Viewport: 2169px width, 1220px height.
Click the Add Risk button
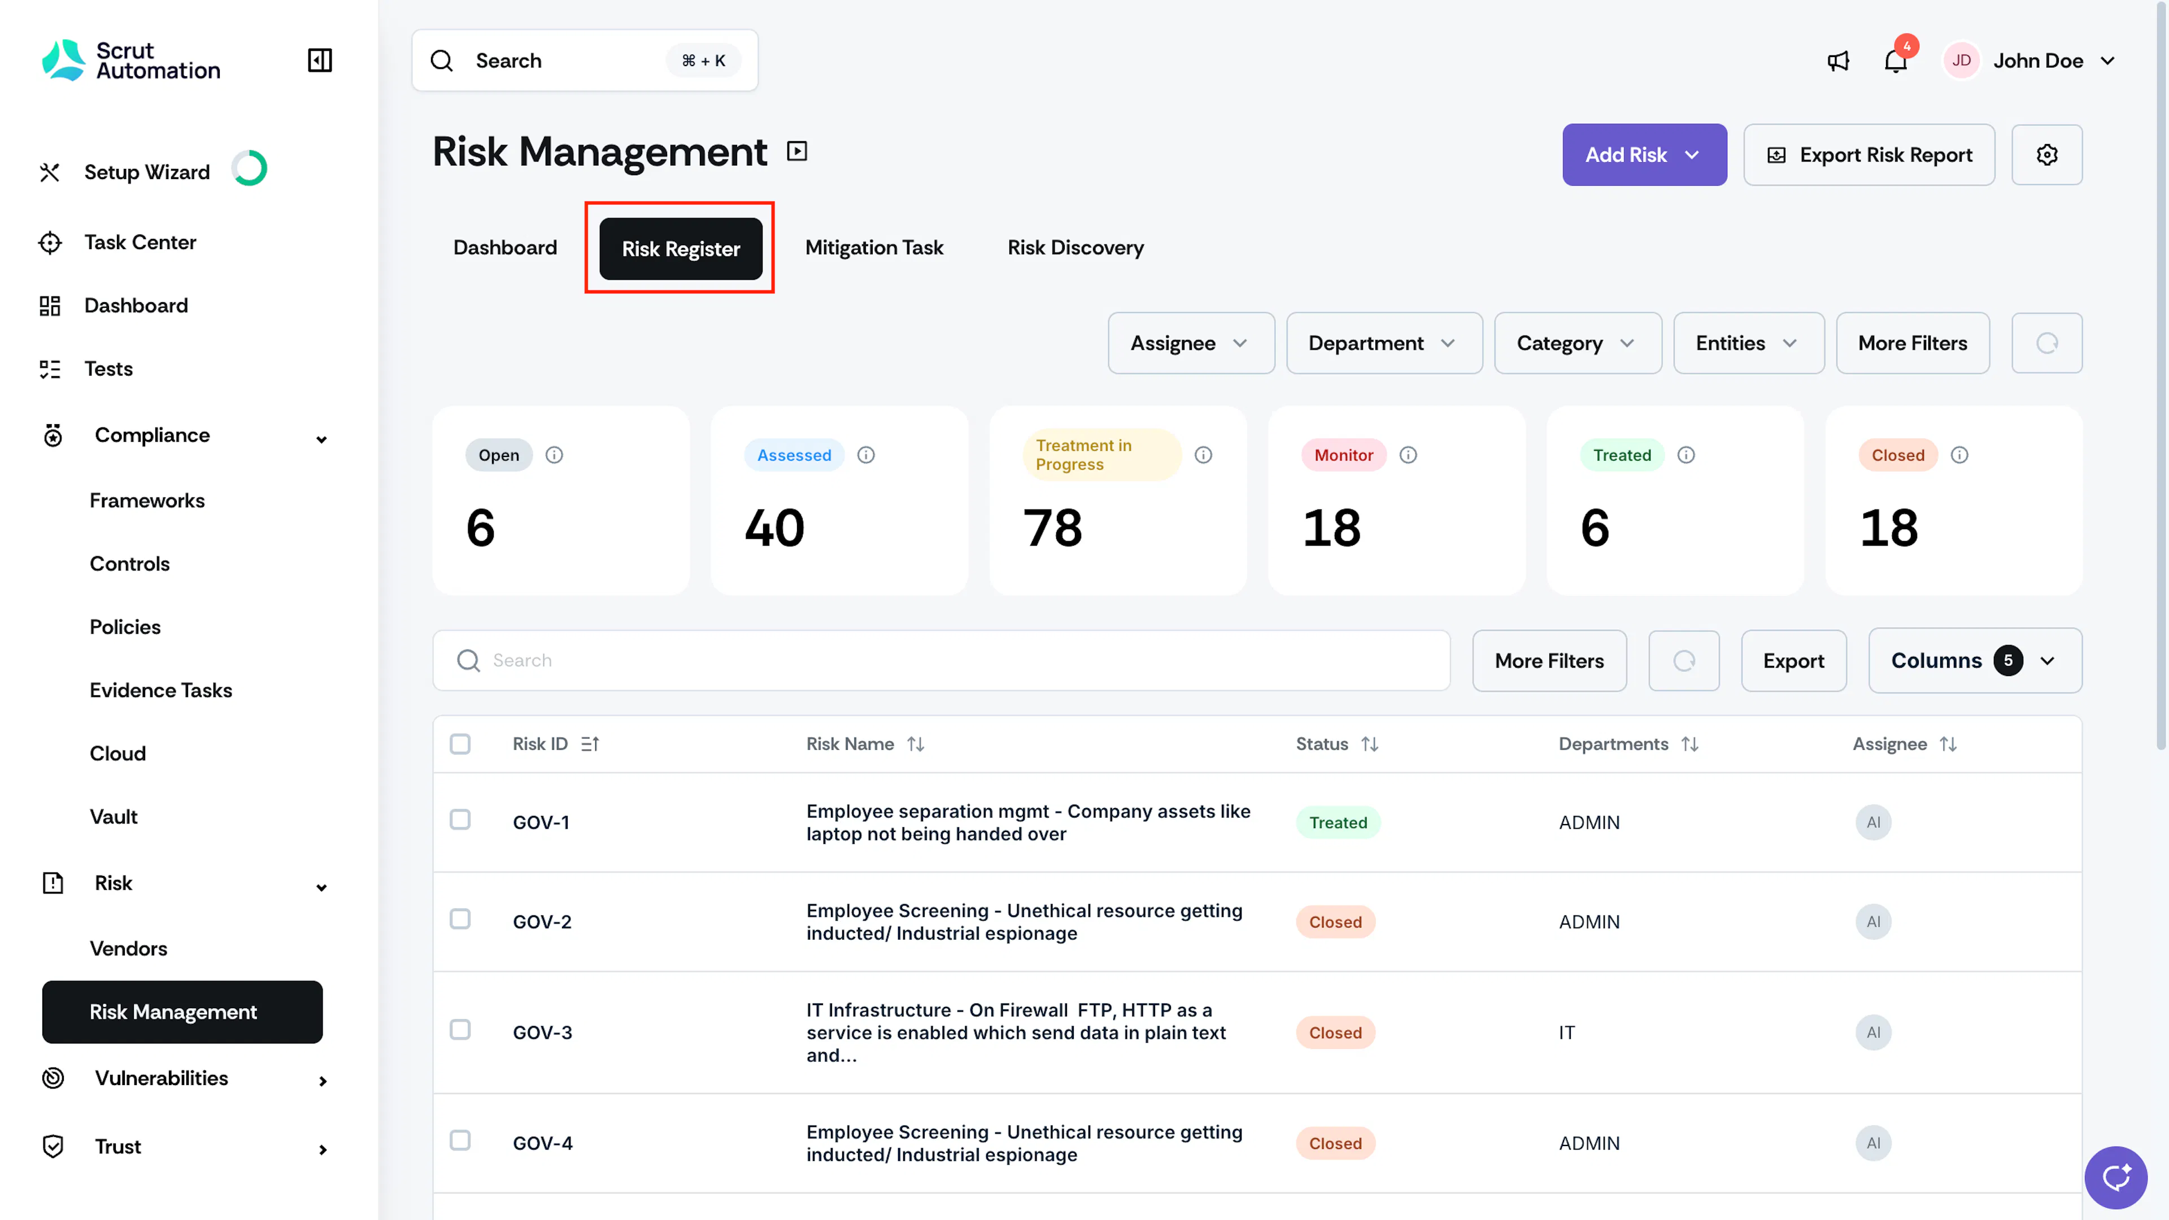(x=1644, y=155)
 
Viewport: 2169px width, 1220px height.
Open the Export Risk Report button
(x=1869, y=155)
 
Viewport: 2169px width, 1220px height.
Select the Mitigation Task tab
(x=874, y=247)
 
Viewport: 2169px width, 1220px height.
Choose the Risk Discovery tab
(x=1075, y=247)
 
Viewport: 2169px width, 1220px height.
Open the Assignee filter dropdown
(x=1191, y=343)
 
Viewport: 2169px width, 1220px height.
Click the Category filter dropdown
(x=1577, y=343)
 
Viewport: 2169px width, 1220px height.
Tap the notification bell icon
(x=1894, y=60)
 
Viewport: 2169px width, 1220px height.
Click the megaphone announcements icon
(x=1838, y=60)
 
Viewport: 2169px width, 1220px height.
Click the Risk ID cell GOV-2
(x=542, y=922)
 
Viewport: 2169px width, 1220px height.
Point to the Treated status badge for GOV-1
(x=1338, y=822)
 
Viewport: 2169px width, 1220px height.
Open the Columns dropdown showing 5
(x=1975, y=661)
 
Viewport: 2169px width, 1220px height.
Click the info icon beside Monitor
(x=1408, y=455)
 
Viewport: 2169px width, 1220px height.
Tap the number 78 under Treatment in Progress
(x=1052, y=528)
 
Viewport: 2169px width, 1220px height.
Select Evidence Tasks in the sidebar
(x=161, y=690)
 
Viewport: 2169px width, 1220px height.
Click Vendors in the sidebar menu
(x=128, y=949)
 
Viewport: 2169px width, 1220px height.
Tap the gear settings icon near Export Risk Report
(x=2047, y=155)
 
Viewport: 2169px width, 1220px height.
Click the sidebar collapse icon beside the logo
(x=320, y=60)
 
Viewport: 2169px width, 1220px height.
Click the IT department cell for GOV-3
(x=1566, y=1033)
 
